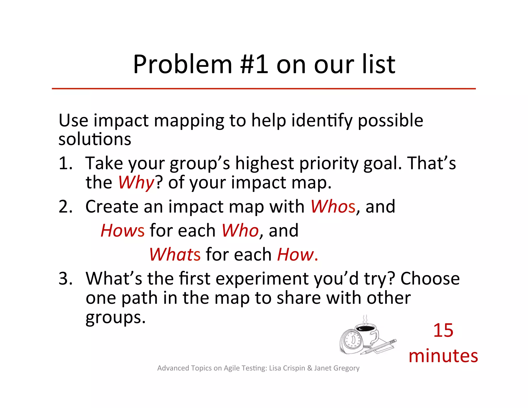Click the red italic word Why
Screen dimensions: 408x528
click(136, 183)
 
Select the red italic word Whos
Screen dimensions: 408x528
click(333, 207)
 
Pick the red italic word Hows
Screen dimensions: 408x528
click(122, 231)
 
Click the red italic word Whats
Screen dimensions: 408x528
click(175, 255)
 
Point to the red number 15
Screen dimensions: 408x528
click(443, 330)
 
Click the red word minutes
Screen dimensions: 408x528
click(443, 356)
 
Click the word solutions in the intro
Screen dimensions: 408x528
click(95, 140)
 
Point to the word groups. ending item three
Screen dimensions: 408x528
click(115, 318)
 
